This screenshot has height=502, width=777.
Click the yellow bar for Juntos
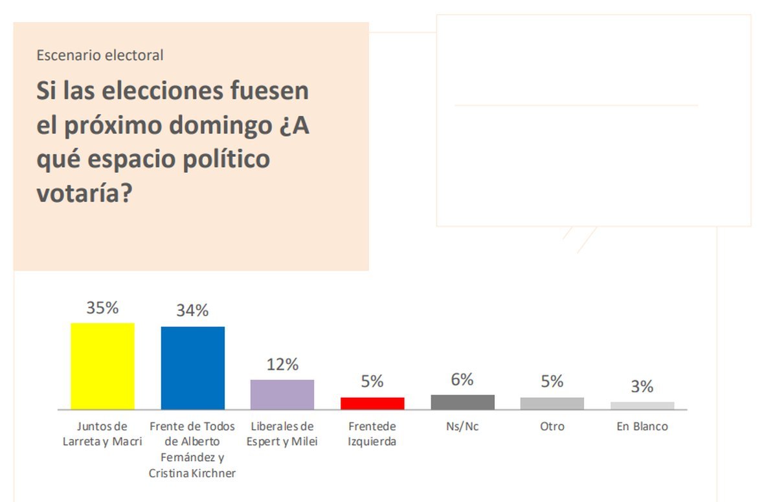coord(102,366)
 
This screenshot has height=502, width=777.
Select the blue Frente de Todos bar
coord(192,368)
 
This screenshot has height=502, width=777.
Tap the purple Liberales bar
coord(282,394)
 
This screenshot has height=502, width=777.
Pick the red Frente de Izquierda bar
coord(372,404)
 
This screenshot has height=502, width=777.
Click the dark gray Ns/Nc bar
coord(462,402)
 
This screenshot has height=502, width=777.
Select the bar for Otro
coord(552,404)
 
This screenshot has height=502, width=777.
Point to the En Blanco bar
coord(642,405)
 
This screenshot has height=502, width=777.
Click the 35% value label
coord(103,308)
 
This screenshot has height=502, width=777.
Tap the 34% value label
coord(192,311)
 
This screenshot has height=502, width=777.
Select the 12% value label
coord(282,365)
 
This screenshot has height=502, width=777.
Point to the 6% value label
coord(462,380)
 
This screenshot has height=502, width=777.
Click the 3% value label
coord(642,387)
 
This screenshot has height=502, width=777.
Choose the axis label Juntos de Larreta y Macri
coord(102,435)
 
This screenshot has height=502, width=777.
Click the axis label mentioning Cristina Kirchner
coord(192,450)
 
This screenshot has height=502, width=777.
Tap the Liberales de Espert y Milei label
coord(282,435)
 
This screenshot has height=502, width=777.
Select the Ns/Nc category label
coord(462,427)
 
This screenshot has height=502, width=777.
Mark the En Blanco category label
coord(642,427)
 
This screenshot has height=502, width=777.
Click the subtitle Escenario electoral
coord(100,56)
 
